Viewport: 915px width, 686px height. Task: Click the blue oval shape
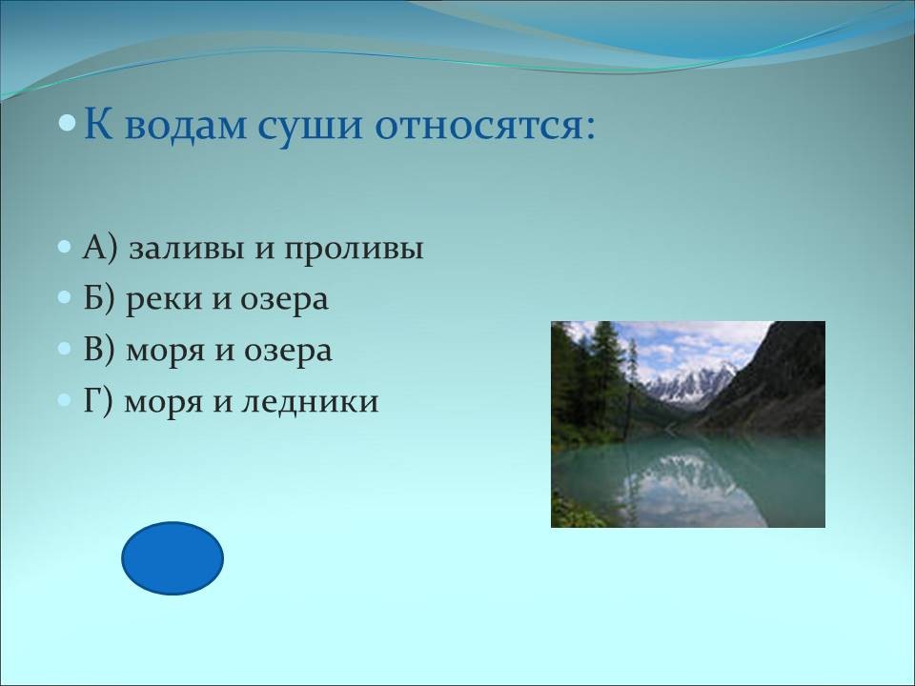click(173, 558)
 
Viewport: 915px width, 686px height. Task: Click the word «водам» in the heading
click(186, 125)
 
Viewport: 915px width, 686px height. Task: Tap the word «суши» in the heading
click(311, 126)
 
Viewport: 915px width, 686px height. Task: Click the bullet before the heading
click(68, 123)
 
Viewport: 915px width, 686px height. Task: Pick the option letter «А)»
click(100, 249)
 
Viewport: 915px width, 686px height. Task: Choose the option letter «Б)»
click(100, 299)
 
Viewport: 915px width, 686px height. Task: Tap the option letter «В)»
click(100, 350)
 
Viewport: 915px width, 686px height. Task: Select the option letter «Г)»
click(97, 401)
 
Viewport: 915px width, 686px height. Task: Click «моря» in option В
click(164, 353)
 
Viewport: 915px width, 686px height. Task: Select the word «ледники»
click(310, 402)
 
